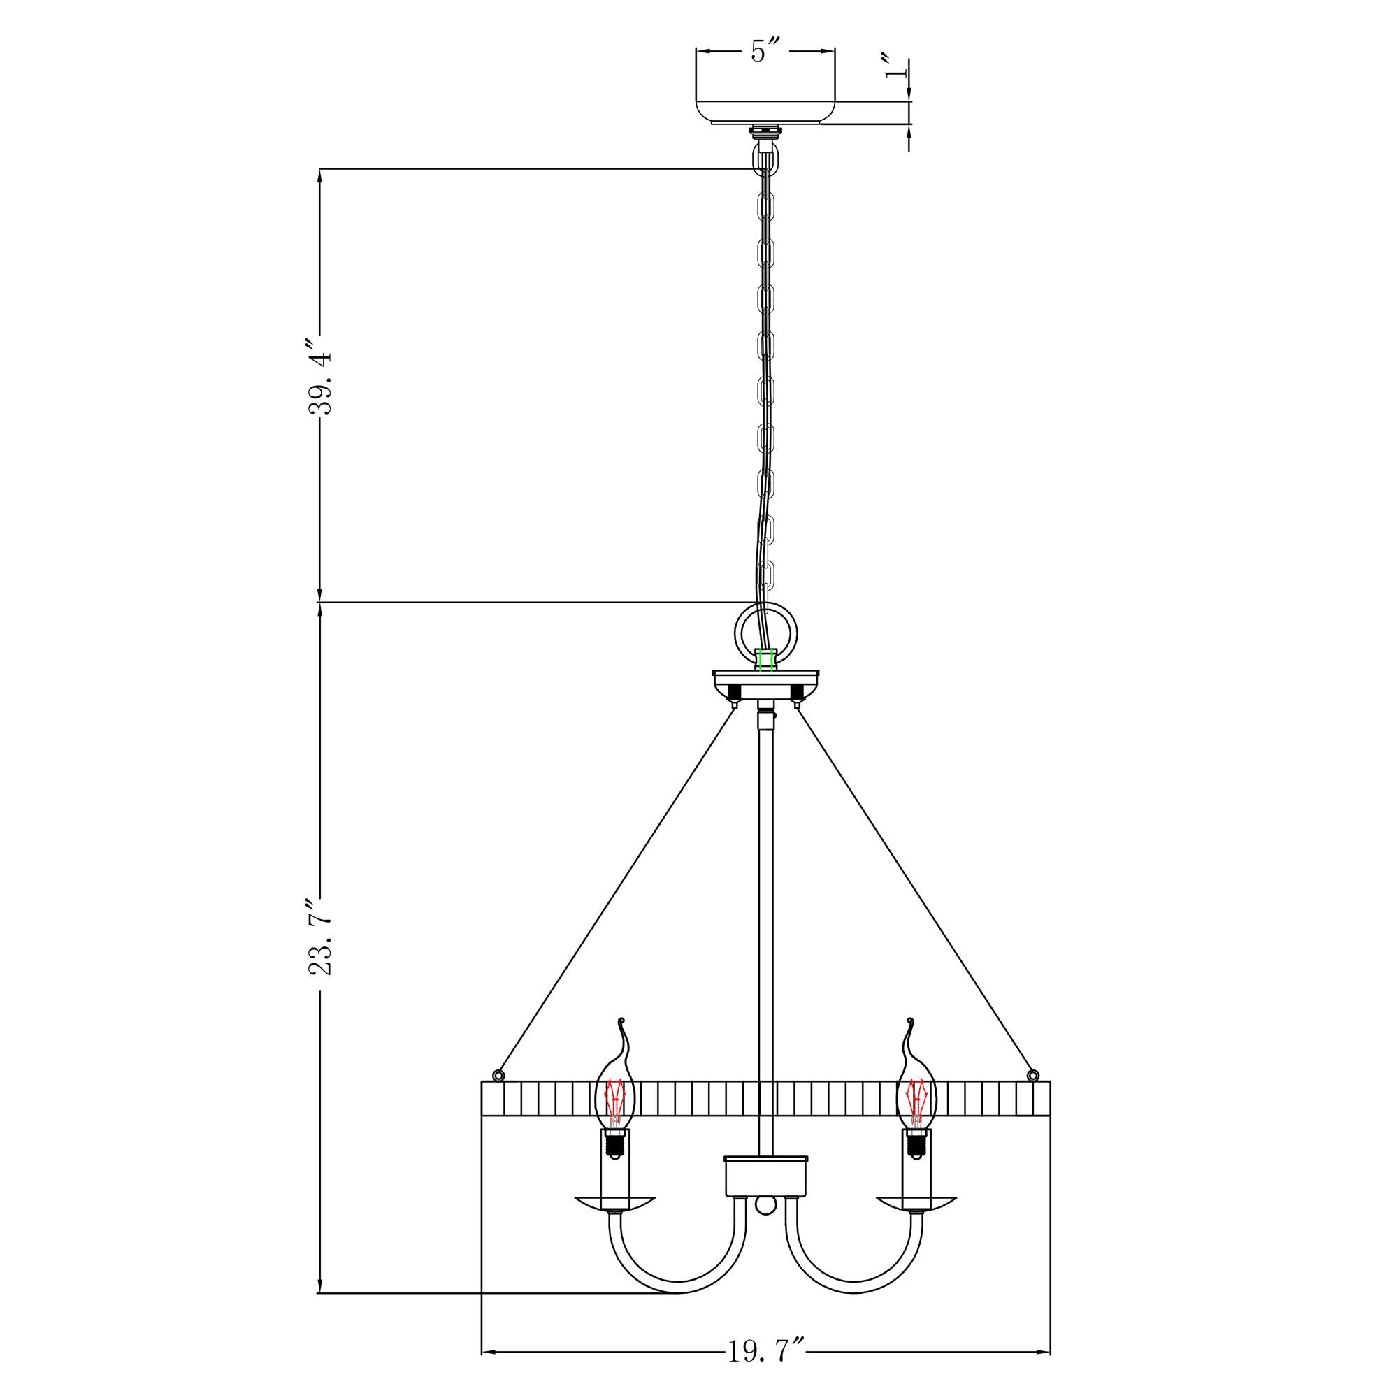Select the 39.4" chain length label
pyautogui.click(x=320, y=385)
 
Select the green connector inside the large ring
pyautogui.click(x=766, y=660)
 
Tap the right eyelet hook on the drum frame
pyautogui.click(x=1034, y=1073)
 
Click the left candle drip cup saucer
pyautogui.click(x=614, y=1201)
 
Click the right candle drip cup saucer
pyautogui.click(x=917, y=1201)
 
